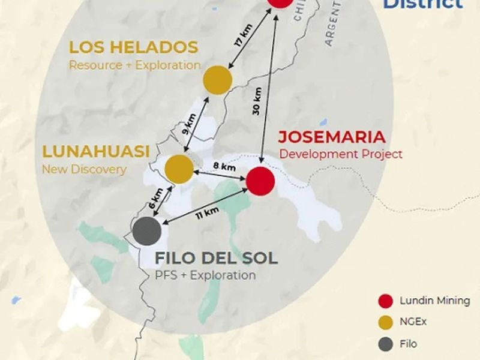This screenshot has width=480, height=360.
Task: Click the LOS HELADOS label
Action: pos(133,47)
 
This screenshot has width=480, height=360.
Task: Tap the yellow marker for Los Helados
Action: pos(218,80)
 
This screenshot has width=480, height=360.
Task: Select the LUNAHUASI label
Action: pos(95,152)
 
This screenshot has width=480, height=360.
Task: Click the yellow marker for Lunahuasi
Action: pos(179,169)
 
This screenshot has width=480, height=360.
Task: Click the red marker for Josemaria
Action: pos(260,181)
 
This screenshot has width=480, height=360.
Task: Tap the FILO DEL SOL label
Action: pos(217,259)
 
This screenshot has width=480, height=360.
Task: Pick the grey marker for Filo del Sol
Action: pos(146,231)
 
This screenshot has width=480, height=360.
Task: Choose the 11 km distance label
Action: pos(206,213)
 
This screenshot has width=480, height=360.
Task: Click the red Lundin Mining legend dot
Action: pos(386,301)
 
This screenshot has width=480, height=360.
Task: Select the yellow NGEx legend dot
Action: pos(386,322)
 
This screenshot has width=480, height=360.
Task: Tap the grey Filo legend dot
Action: pos(386,344)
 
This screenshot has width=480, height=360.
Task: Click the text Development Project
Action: pos(341,154)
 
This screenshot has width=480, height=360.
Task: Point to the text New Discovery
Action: pos(84,169)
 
